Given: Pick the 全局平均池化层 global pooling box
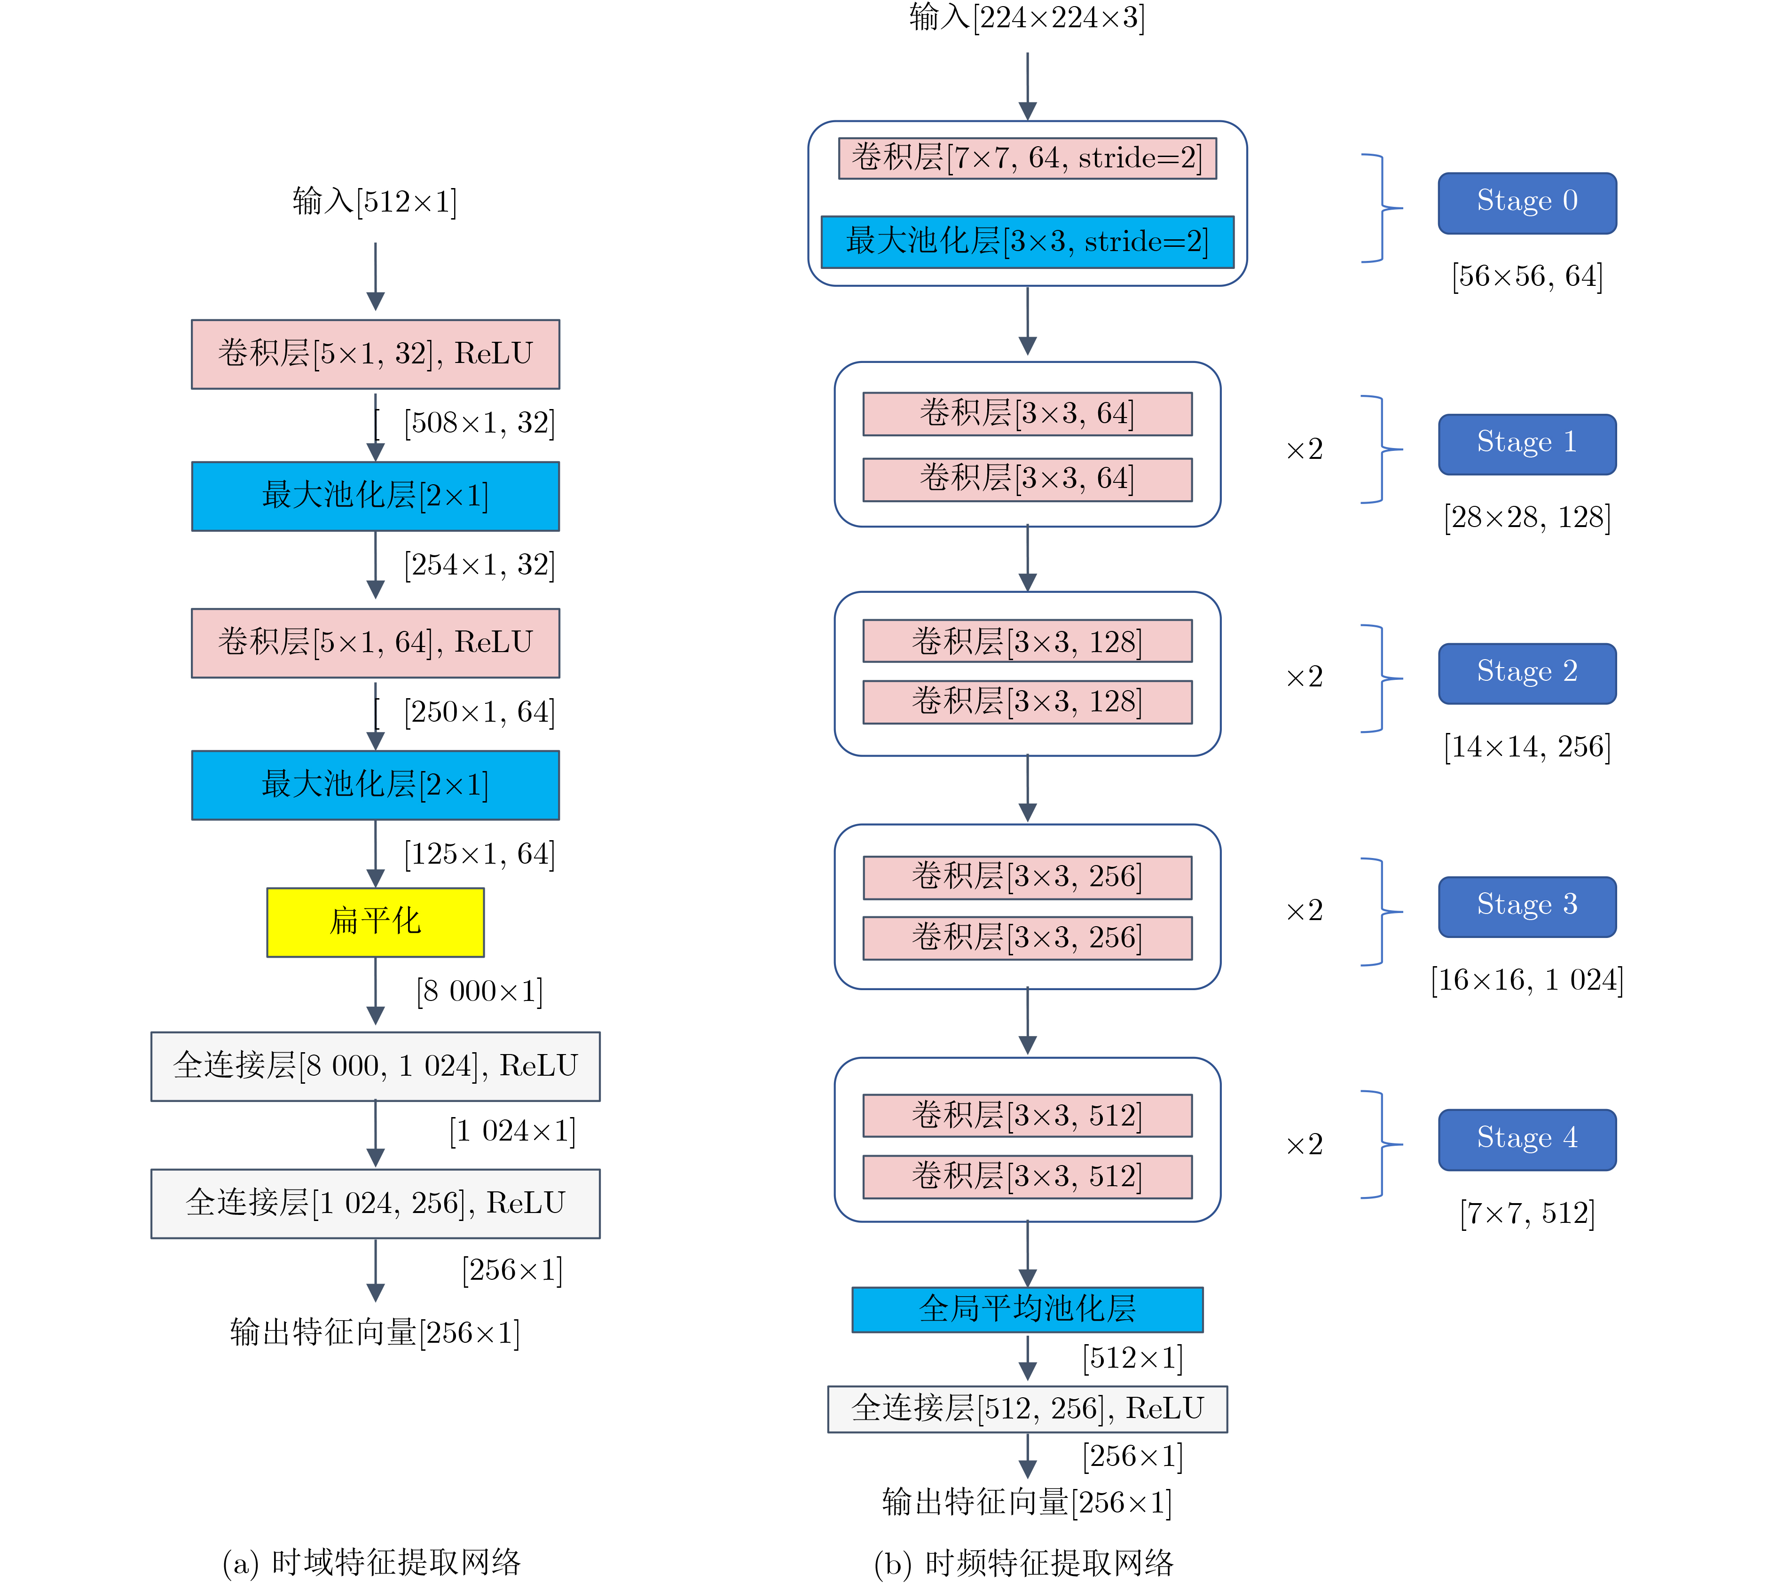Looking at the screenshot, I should (1027, 1309).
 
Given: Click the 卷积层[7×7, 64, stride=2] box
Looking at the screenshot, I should (1027, 158).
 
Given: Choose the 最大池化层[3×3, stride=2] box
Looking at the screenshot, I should (1027, 242).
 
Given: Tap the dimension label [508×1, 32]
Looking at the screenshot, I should (479, 424).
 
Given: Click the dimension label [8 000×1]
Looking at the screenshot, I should (479, 992).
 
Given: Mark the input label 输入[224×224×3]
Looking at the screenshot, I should (1027, 17).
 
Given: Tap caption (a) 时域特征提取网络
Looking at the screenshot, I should (371, 1562).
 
